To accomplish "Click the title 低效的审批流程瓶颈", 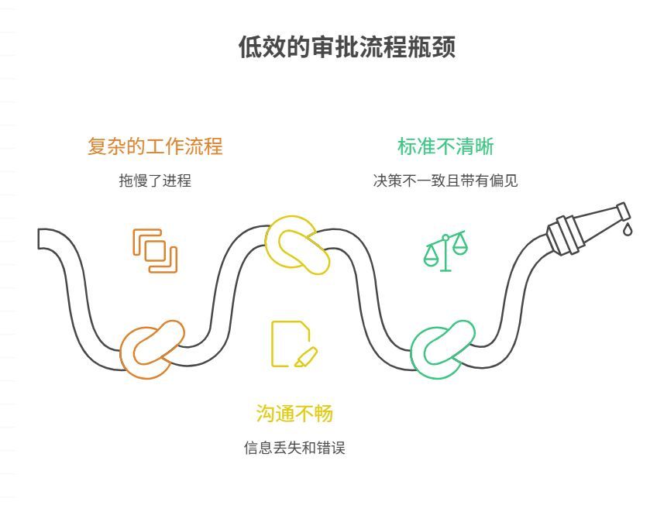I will click(346, 47).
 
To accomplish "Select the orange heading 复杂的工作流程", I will click(155, 146).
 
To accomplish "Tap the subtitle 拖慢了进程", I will click(155, 181).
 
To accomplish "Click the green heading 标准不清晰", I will click(445, 146).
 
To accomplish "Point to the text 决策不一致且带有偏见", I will click(445, 181).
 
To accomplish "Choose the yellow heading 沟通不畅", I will click(294, 414).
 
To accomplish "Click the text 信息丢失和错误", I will click(294, 449).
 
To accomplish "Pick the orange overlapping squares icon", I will click(155, 251).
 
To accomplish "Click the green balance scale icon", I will click(445, 251).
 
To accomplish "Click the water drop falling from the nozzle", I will click(628, 229).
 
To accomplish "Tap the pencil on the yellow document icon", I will click(306, 357).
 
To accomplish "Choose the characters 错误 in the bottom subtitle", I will click(332, 449).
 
